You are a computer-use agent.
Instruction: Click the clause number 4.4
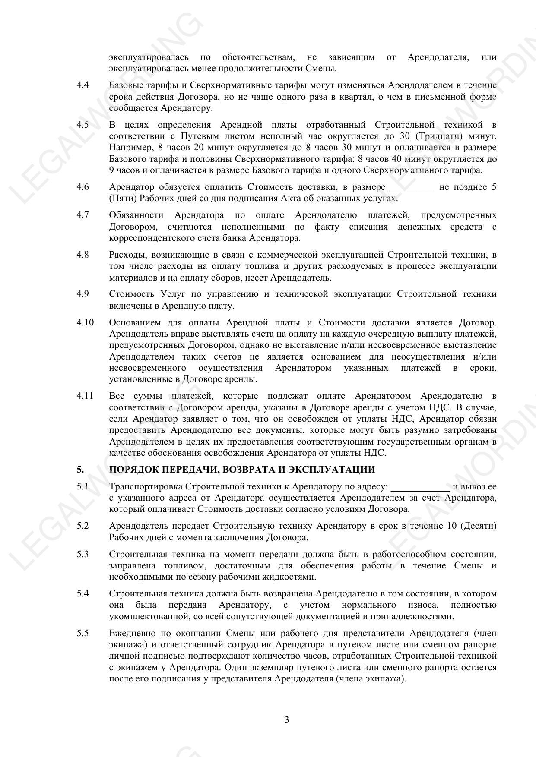82,85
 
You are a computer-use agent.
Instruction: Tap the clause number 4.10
85,323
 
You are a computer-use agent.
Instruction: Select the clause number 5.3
82,554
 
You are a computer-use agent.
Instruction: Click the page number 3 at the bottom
287,720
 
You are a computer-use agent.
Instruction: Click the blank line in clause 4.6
412,188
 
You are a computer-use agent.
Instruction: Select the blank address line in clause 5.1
420,487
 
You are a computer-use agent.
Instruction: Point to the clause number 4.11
85,396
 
